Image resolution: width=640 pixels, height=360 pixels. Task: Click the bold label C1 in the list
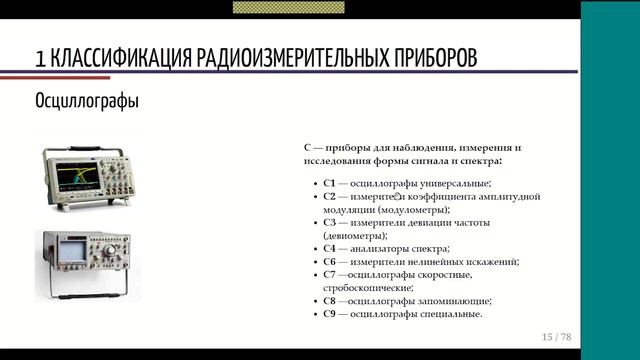pos(330,183)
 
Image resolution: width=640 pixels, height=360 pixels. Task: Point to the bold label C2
pos(330,196)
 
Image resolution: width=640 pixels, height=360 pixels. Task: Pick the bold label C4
pos(330,248)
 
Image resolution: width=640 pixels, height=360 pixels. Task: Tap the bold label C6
pos(330,261)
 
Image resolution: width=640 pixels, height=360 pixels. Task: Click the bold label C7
pos(330,274)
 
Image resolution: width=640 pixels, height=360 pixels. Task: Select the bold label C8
pos(330,300)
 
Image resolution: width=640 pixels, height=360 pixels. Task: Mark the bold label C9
pos(330,313)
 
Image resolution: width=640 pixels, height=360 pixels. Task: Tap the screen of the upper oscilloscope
pos(79,178)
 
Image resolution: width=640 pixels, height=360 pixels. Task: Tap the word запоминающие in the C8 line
pos(455,300)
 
